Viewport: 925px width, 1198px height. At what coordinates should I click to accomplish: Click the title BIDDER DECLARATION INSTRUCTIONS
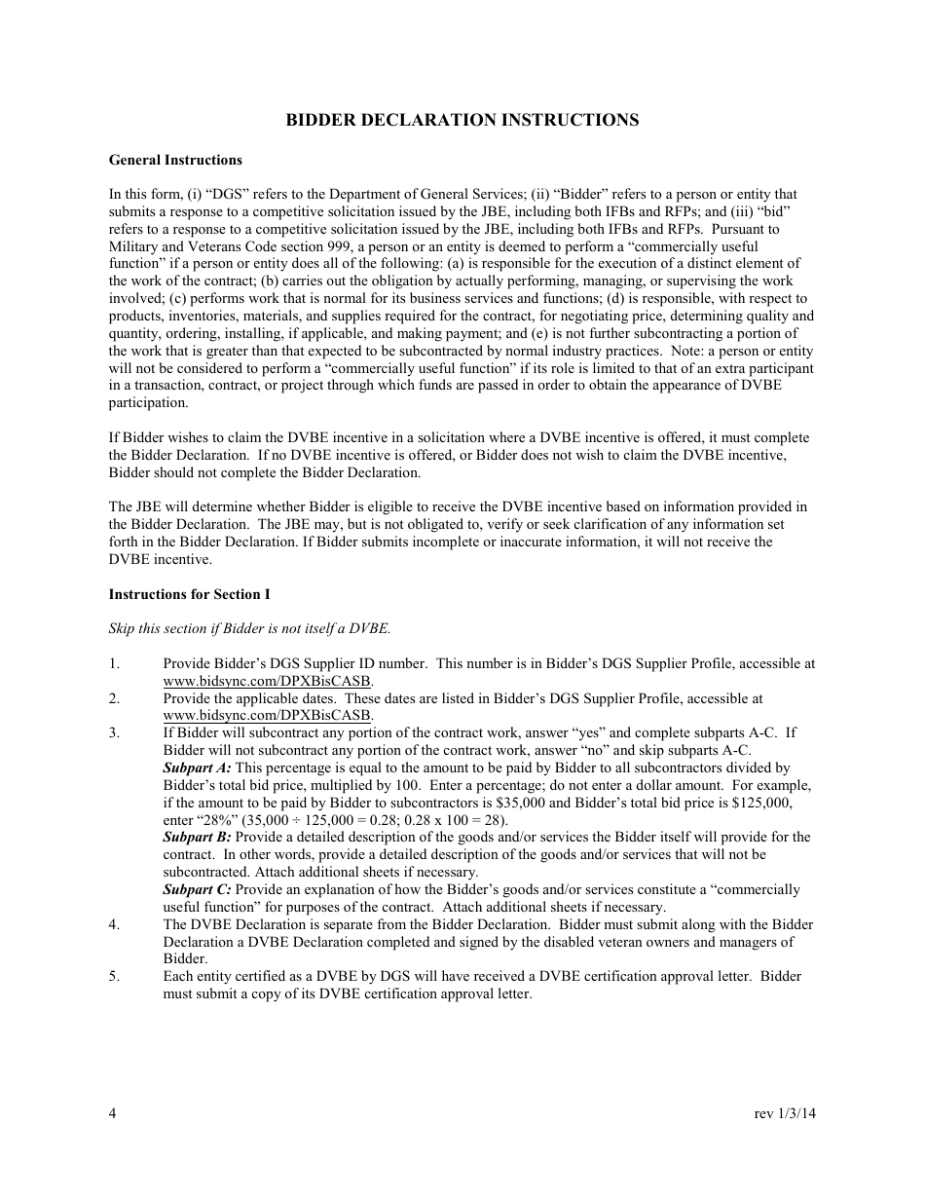click(x=462, y=120)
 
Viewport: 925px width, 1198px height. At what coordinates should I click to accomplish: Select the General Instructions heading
click(x=175, y=160)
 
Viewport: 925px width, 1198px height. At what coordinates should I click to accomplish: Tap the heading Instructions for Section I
click(x=189, y=594)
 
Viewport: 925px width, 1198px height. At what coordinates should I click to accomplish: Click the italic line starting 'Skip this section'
click(x=249, y=629)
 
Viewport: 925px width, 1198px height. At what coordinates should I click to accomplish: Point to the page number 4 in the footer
click(x=113, y=1114)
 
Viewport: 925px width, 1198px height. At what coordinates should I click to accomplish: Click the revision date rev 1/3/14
click(x=785, y=1114)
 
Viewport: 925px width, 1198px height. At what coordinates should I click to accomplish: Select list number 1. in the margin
click(x=114, y=664)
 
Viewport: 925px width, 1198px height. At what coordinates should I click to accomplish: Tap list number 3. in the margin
click(x=114, y=733)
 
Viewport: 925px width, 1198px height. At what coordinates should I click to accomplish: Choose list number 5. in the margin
click(x=114, y=977)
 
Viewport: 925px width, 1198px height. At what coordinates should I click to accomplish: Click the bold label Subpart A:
click(x=197, y=768)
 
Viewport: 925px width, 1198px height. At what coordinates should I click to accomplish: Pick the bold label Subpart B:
click(x=197, y=838)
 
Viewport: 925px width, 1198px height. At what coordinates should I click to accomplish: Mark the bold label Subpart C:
click(x=197, y=890)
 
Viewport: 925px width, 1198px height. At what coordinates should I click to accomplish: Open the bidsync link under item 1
click(x=267, y=682)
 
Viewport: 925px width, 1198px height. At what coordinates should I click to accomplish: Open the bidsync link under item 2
click(x=267, y=716)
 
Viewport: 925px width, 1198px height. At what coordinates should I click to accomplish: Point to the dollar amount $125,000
click(x=761, y=804)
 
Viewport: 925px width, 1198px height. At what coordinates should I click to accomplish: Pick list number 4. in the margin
click(x=114, y=925)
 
